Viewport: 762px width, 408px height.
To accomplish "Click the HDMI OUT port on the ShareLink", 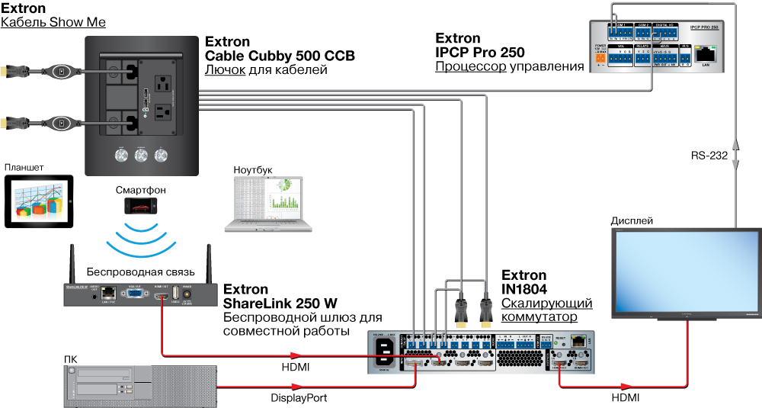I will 162,294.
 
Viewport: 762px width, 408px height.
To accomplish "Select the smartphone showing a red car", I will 141,206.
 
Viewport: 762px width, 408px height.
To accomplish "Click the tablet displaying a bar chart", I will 39,202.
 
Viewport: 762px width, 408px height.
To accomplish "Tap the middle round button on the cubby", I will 141,156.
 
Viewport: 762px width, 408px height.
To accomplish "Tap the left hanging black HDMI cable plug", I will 461,312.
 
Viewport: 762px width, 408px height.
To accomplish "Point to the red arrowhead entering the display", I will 626,387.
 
